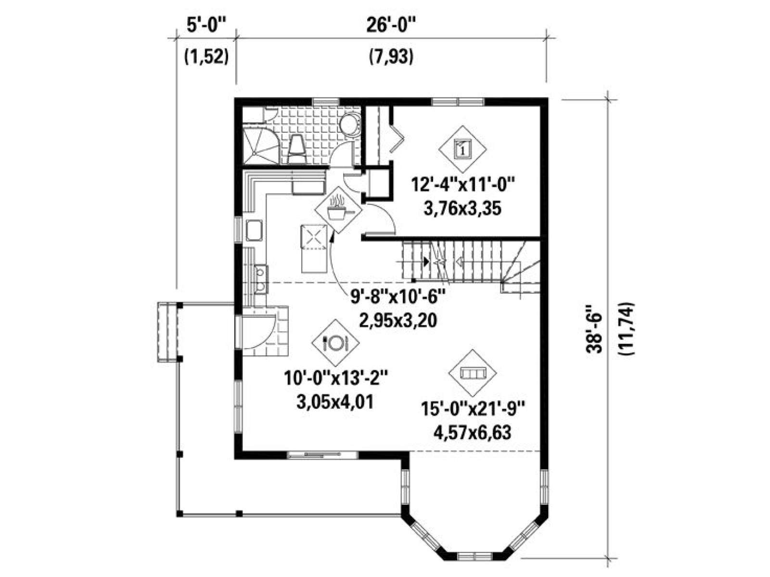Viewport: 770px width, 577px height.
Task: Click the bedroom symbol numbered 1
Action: [462, 149]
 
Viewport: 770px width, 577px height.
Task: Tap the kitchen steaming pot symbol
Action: [338, 210]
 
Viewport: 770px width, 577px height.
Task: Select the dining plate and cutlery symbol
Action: [336, 343]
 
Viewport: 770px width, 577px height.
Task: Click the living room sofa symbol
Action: [473, 374]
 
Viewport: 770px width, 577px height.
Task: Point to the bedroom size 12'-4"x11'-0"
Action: [463, 185]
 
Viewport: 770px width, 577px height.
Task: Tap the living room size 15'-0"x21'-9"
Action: [473, 410]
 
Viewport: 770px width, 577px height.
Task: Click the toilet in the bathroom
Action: [296, 149]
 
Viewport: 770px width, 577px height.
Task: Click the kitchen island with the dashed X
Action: [314, 249]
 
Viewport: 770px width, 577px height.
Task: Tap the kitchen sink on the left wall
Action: [254, 230]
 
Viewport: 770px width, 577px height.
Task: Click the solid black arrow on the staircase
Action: [426, 261]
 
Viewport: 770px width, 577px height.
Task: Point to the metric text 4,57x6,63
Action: [472, 433]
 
